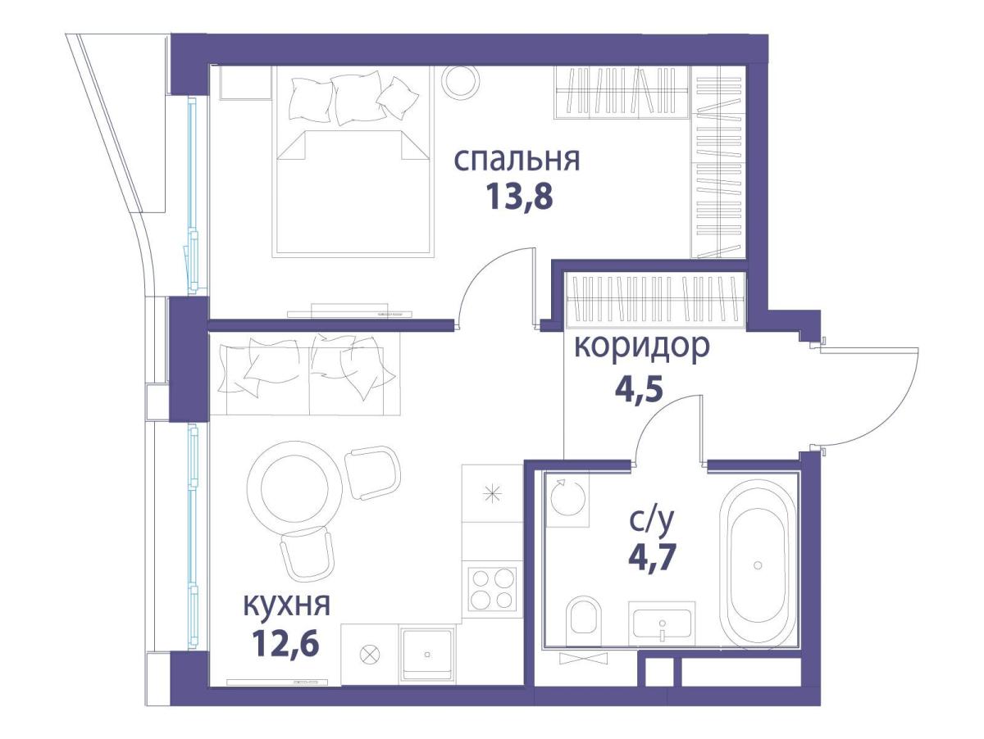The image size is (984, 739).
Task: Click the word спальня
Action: coord(517,159)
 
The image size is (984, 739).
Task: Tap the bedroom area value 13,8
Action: coord(517,197)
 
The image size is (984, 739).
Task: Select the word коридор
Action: coord(640,347)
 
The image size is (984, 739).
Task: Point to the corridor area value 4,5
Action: coord(638,385)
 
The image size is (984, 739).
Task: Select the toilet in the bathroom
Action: coord(584,615)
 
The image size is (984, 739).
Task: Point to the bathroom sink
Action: coord(662,624)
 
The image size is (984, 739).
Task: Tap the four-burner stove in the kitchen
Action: coord(492,589)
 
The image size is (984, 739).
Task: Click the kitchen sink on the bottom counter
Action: coord(426,654)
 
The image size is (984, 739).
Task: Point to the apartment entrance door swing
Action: coord(869,397)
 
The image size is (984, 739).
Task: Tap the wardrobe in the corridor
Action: coord(654,300)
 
